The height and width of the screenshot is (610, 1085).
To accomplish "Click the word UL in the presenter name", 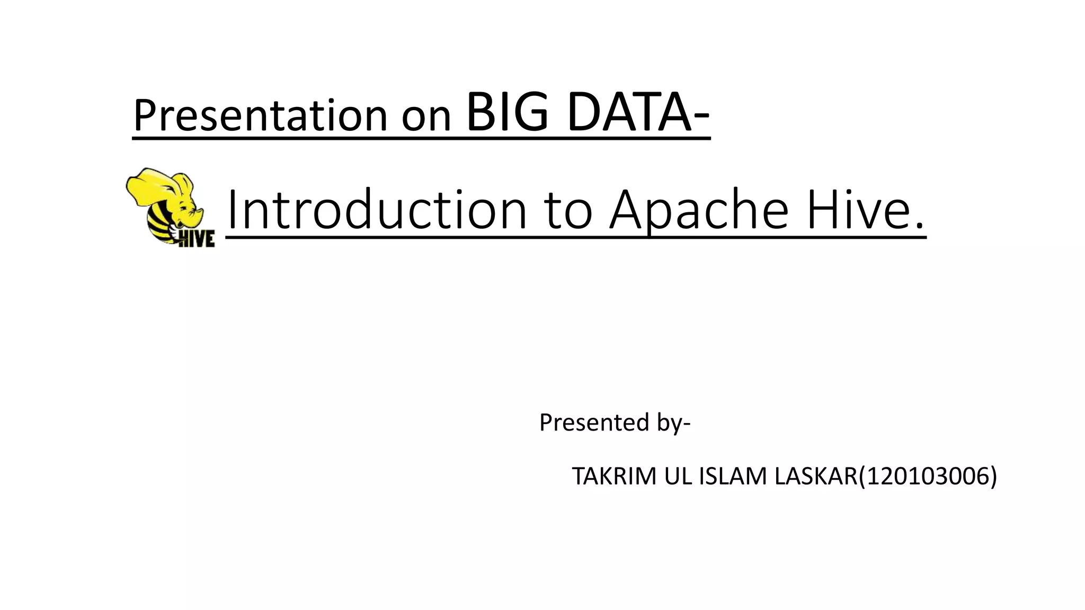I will (679, 476).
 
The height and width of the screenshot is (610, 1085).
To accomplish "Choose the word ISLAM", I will (734, 476).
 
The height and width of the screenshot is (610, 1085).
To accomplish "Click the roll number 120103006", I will (927, 476).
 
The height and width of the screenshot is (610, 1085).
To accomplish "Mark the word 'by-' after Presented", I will (674, 423).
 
